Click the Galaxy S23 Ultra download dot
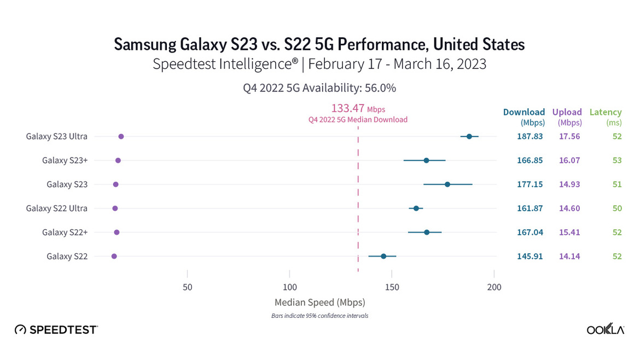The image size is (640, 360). coord(469,136)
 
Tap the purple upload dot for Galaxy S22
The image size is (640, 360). coord(114,256)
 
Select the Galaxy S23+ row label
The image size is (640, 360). coord(65,160)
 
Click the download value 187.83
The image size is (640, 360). coord(530,136)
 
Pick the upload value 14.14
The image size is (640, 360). coord(569,256)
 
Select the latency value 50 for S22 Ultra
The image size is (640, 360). coord(617,208)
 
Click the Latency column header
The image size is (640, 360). coord(606,112)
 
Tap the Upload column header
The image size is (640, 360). coord(567,112)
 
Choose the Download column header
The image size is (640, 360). coord(524,112)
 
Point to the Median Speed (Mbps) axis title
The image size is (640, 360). coord(319,302)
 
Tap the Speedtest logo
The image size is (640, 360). coord(56,329)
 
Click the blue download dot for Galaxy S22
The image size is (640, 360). coord(383,256)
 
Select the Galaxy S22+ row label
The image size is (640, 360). coord(65,232)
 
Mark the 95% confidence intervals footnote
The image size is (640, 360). coord(319,316)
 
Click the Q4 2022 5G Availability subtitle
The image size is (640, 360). coord(319,88)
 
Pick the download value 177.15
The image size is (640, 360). coord(530,184)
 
